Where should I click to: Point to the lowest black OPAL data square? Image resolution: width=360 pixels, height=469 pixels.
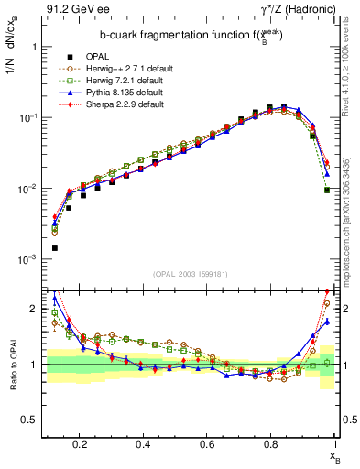click(54, 248)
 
